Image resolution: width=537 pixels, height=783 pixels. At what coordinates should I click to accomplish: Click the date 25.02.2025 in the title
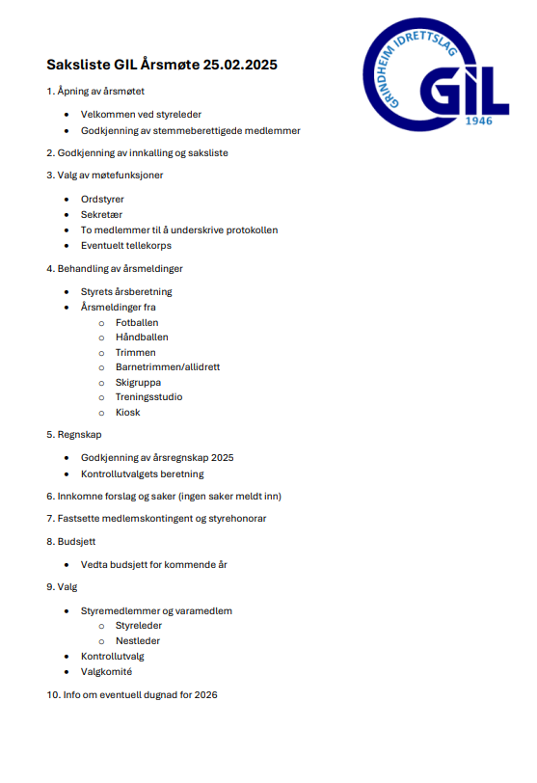(x=240, y=65)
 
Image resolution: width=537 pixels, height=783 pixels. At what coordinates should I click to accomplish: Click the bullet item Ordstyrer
(x=102, y=200)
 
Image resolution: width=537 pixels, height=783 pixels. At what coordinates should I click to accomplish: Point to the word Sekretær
(x=101, y=215)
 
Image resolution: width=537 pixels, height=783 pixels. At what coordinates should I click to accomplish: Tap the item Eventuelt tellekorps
(x=124, y=246)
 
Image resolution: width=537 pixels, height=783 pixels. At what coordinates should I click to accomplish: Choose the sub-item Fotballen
(x=137, y=322)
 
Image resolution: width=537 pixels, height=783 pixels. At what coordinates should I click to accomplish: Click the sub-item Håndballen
(x=142, y=337)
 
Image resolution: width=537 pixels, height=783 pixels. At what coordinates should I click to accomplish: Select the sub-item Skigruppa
(x=138, y=382)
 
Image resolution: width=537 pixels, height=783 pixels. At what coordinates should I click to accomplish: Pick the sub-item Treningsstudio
(x=148, y=397)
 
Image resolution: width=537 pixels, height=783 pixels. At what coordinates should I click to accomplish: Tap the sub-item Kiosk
(x=127, y=413)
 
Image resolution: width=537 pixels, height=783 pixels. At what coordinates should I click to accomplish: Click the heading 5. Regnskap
(x=74, y=435)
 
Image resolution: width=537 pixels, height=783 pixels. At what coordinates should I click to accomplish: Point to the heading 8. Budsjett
(x=71, y=542)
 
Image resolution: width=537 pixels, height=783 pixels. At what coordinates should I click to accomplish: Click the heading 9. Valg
(x=62, y=587)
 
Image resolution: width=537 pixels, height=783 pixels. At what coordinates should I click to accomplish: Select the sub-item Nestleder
(x=138, y=641)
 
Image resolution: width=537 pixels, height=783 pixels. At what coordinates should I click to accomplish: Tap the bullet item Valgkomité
(x=107, y=672)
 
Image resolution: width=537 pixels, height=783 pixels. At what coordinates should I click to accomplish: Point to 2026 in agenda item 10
(x=205, y=694)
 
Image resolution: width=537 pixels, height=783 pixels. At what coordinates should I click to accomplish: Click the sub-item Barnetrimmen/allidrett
(x=168, y=367)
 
